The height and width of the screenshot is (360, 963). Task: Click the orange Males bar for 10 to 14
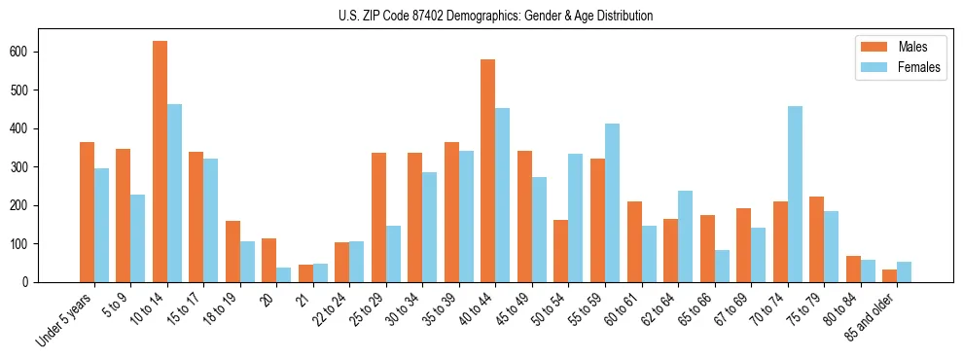(160, 162)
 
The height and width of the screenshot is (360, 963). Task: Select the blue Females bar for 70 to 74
(795, 195)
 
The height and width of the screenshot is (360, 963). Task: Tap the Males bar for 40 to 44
(488, 171)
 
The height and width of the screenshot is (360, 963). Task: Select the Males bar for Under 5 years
(87, 212)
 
